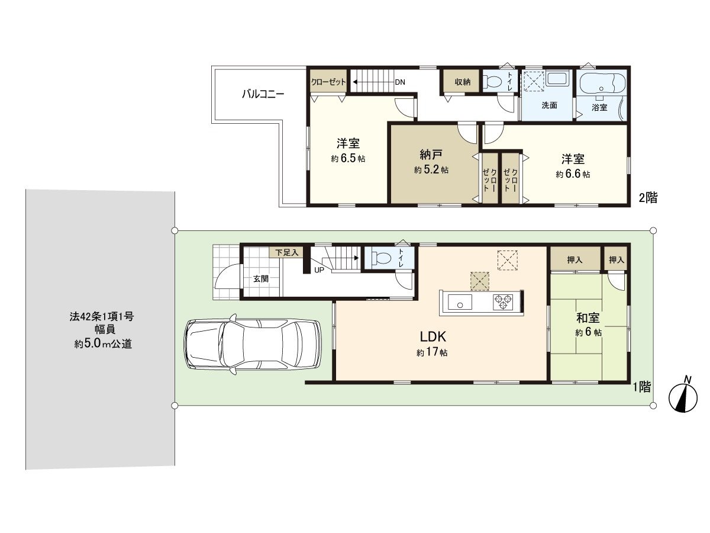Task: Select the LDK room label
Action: pyautogui.click(x=432, y=337)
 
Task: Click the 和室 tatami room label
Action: pyautogui.click(x=589, y=318)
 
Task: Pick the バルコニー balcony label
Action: pyautogui.click(x=263, y=94)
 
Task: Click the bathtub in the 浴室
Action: pyautogui.click(x=602, y=83)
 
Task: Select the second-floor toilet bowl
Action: pyautogui.click(x=493, y=82)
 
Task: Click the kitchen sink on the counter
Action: pyautogui.click(x=459, y=303)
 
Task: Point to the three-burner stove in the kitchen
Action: pyautogui.click(x=504, y=302)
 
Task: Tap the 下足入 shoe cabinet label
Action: pyautogui.click(x=286, y=252)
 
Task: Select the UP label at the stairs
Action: pyautogui.click(x=319, y=270)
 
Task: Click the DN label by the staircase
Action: pyautogui.click(x=400, y=82)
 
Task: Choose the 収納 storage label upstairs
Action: pyautogui.click(x=463, y=82)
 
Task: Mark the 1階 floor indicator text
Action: pyautogui.click(x=642, y=387)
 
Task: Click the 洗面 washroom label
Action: pyautogui.click(x=550, y=106)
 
